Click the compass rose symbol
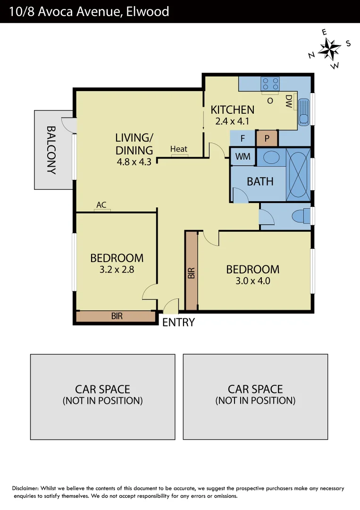pyautogui.click(x=330, y=48)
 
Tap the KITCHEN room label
pyautogui.click(x=232, y=110)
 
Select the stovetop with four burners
pyautogui.click(x=270, y=84)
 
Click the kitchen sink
pyautogui.click(x=304, y=112)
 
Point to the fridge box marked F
pyautogui.click(x=243, y=139)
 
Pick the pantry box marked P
pyautogui.click(x=267, y=139)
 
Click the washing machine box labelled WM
pyautogui.click(x=243, y=157)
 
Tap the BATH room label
pyautogui.click(x=260, y=181)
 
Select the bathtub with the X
pyautogui.click(x=298, y=173)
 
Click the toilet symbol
pyautogui.click(x=301, y=216)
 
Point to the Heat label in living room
pyautogui.click(x=179, y=149)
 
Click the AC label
pyautogui.click(x=101, y=205)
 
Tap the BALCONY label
pyautogui.click(x=51, y=150)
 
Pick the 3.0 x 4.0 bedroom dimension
pyautogui.click(x=252, y=280)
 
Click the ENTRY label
pyautogui.click(x=178, y=323)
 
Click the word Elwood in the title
pyautogui.click(x=147, y=11)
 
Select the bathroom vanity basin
pyautogui.click(x=271, y=157)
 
